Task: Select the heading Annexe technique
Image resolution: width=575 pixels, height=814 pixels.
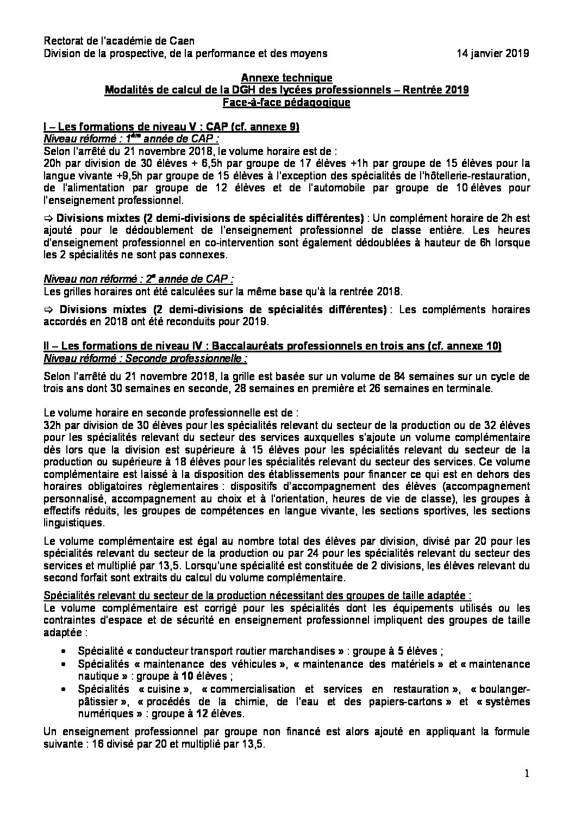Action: click(x=286, y=78)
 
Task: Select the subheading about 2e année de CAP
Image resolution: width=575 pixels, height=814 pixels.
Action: click(x=139, y=278)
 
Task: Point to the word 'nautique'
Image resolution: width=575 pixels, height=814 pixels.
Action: click(x=96, y=676)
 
